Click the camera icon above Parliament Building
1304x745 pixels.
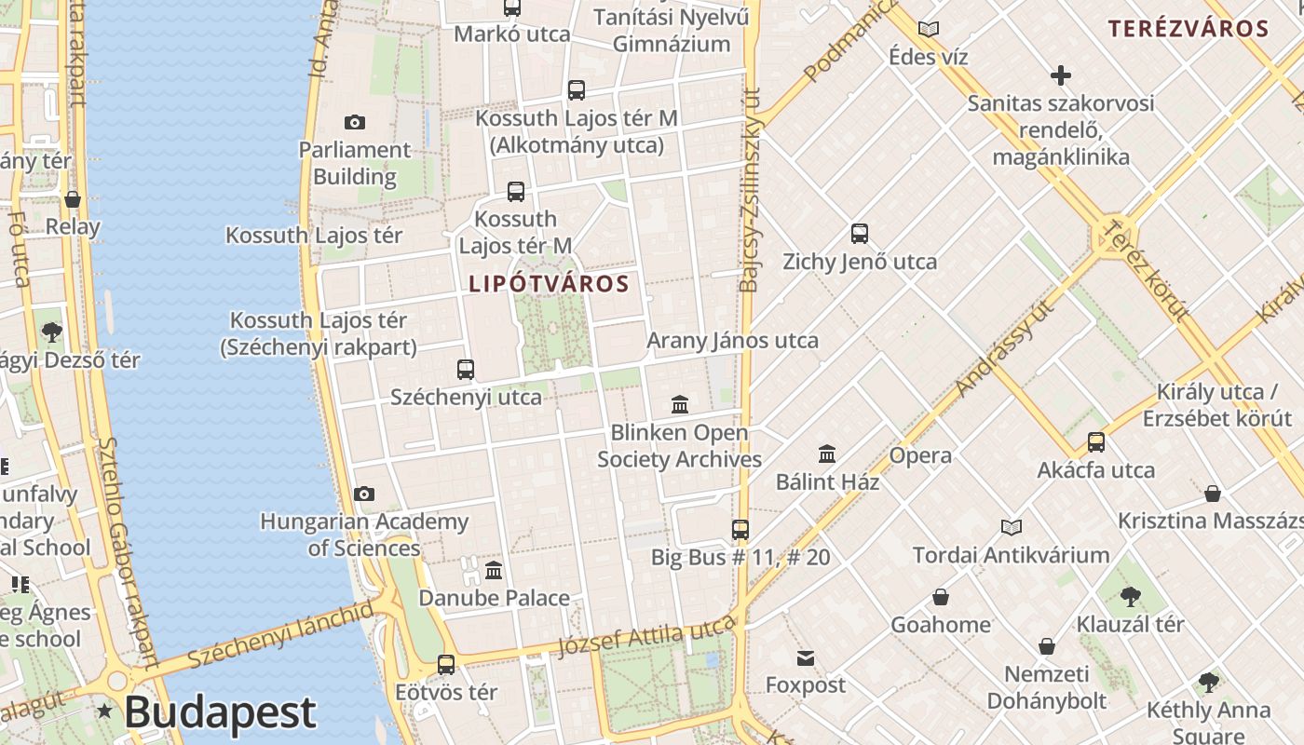coord(355,122)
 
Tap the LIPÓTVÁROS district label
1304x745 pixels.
coord(549,284)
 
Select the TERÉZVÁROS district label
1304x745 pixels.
coord(1188,28)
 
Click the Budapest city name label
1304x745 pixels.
coord(220,713)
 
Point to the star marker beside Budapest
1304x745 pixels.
coord(105,711)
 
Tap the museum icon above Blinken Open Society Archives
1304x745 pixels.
coord(680,405)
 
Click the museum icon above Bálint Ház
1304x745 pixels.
coord(827,454)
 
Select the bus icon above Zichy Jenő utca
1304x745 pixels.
coord(860,234)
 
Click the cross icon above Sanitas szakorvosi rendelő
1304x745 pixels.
coord(1060,75)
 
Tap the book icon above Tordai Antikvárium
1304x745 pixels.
coord(1012,528)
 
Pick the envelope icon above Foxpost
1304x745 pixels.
coord(806,658)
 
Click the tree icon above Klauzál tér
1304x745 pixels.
coord(1130,596)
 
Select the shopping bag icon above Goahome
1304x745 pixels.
coord(941,597)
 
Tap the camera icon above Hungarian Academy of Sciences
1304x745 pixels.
coord(364,494)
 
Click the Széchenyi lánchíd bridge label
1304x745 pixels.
coord(279,635)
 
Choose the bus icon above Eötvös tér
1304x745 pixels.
coord(446,665)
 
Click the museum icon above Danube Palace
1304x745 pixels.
coord(494,570)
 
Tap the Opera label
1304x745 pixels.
coord(920,455)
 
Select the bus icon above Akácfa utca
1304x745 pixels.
coord(1096,442)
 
